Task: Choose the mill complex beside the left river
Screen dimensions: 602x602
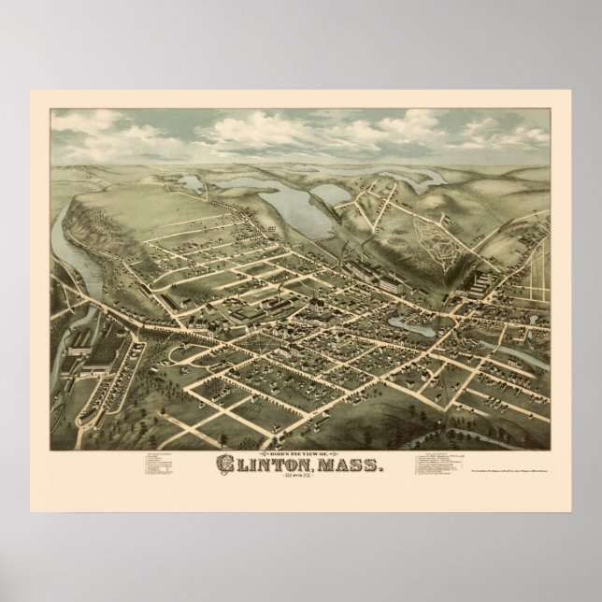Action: click(98, 351)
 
